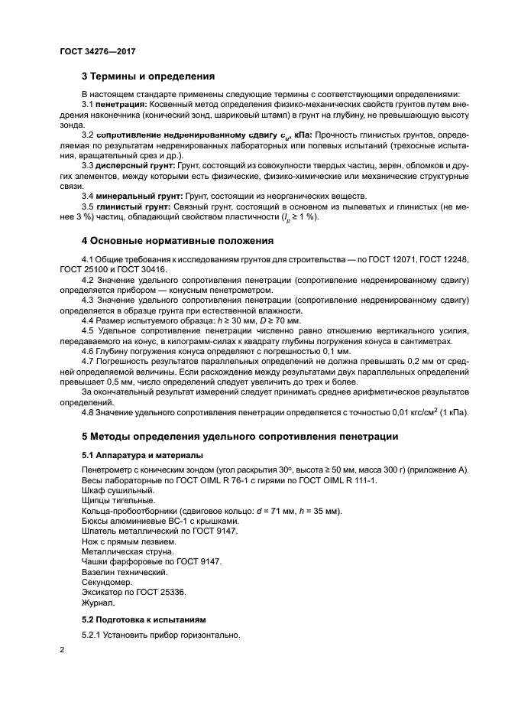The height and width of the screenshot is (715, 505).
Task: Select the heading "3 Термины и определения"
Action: (147, 76)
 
